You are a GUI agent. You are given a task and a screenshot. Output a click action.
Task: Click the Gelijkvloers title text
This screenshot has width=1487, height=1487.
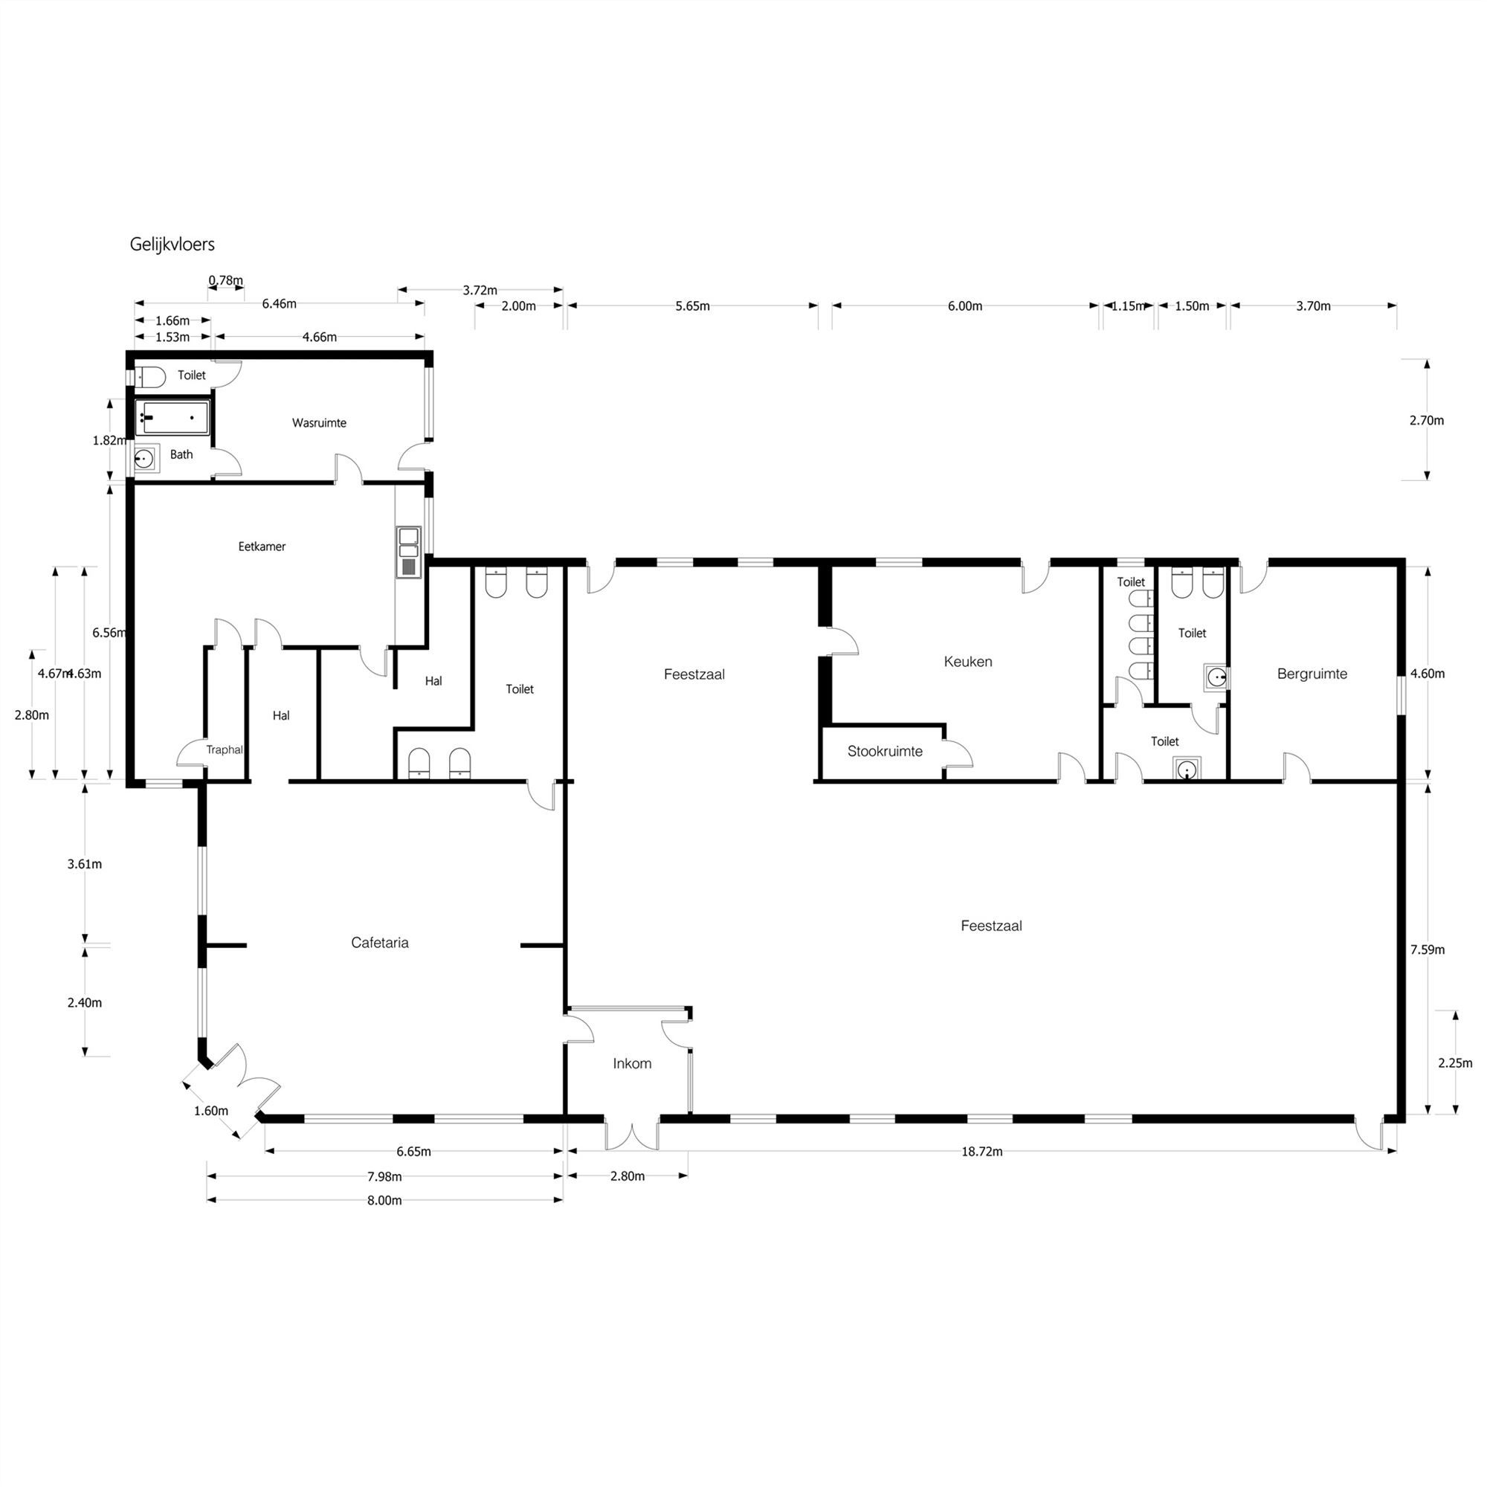172,244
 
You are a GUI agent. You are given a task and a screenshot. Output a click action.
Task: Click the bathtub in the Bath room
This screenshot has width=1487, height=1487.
172,418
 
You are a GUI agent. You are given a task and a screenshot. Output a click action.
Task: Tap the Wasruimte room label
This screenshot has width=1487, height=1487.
319,422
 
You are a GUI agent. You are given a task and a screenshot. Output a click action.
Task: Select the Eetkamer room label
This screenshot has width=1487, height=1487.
262,546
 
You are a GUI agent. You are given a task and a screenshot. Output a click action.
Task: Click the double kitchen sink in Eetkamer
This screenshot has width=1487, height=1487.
408,551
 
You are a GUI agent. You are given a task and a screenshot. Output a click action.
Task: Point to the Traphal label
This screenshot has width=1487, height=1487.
224,749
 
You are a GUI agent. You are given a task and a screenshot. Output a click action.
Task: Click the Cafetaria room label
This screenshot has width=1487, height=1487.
379,942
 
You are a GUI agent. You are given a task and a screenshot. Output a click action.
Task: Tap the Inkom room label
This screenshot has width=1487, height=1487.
632,1063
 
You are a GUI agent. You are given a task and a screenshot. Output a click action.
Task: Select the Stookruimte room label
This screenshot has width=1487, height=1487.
884,751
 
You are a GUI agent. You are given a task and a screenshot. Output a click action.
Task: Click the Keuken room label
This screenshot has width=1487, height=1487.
967,661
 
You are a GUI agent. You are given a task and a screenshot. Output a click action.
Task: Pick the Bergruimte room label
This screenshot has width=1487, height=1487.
1312,674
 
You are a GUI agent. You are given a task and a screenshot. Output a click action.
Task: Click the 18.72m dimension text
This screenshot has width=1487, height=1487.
981,1152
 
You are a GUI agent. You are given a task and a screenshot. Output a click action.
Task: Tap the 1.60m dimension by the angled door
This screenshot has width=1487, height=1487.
211,1111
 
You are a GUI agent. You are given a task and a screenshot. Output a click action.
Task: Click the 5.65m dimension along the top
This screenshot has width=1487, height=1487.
692,306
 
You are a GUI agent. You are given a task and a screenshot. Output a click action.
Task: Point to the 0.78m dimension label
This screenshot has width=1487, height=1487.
225,280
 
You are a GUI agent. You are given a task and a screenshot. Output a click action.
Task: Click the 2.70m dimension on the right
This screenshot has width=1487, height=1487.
1426,420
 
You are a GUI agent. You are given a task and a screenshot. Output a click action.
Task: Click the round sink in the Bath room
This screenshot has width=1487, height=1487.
144,459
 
